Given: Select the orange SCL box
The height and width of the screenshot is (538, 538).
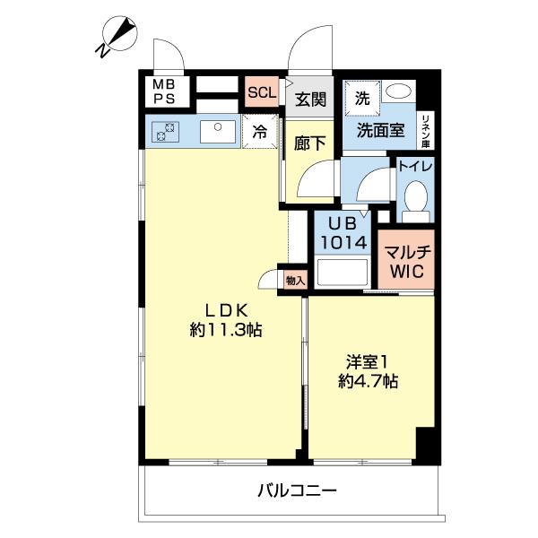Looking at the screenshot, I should coord(263,92).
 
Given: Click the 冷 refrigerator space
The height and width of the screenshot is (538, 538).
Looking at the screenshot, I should coord(259,131).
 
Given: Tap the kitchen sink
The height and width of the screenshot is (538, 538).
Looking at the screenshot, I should coord(216,133).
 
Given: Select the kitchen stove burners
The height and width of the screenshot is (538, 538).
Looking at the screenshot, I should coord(165,132).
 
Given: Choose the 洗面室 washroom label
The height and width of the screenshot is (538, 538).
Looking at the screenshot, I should coord(381,130).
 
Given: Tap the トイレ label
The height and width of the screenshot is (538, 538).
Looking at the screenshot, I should coord(415,167).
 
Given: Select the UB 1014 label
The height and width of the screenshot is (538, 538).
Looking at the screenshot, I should coord(342,234).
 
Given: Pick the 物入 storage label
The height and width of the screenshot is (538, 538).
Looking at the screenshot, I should coord(295,281).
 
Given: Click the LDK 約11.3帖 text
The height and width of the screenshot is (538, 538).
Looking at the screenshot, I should coord(225,320).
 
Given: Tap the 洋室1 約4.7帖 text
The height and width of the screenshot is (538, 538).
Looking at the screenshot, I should coord(368,371).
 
